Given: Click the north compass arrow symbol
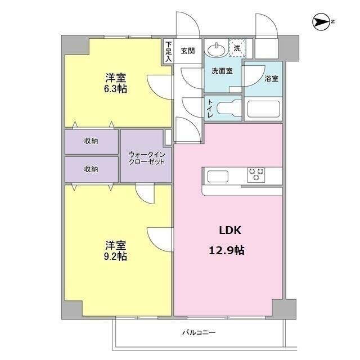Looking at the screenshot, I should point(322,22).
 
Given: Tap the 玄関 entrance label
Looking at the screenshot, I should point(188,50).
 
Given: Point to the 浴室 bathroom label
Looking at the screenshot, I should point(271,78).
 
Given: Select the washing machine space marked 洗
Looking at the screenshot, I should point(237,49).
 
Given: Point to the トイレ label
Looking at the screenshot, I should point(210,109).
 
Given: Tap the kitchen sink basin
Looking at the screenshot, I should point(217,176).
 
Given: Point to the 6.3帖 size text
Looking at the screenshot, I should point(115,89).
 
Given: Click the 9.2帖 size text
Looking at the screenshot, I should point(115,256).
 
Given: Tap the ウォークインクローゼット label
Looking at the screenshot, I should point(146,157).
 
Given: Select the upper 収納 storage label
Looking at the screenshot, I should point(91,141).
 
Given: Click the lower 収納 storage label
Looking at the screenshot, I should point(91,169).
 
